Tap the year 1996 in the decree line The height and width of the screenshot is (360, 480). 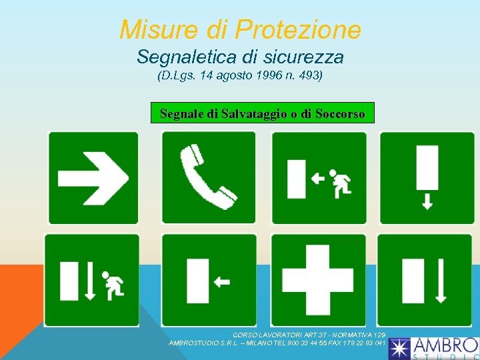coord(269,75)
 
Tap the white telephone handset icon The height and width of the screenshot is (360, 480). coord(207,177)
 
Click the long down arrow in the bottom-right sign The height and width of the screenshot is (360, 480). coord(440,281)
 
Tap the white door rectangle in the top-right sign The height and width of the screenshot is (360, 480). coord(427,168)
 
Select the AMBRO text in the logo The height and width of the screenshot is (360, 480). coord(445,346)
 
